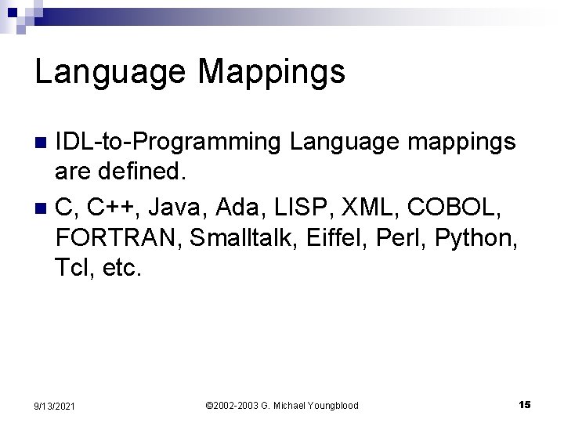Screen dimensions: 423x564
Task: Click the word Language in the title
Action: click(109, 73)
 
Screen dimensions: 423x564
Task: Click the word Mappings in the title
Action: click(272, 73)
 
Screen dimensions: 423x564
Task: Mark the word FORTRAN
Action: click(117, 237)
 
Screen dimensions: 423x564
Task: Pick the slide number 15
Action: click(524, 403)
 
